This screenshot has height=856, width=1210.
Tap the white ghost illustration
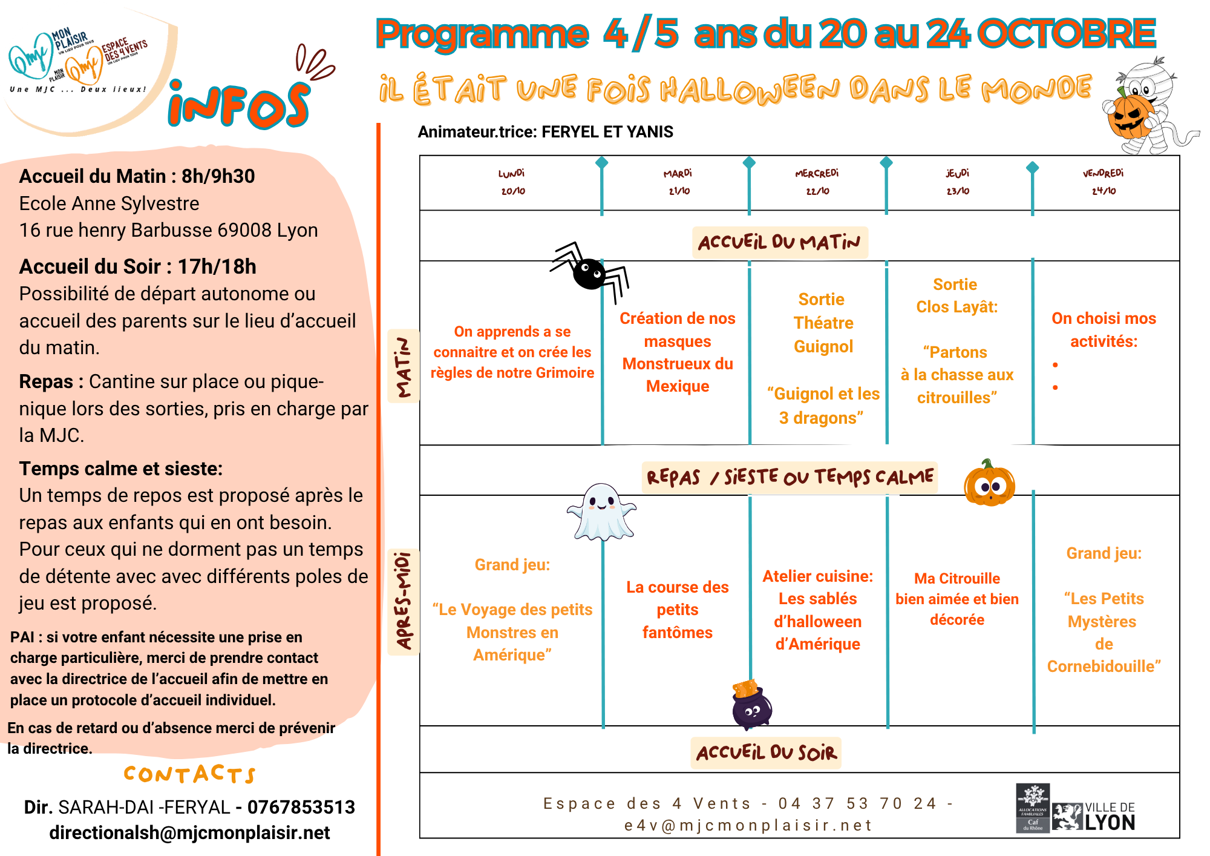point(601,512)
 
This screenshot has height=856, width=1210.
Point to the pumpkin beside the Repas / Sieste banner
point(989,484)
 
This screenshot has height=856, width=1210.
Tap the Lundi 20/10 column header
point(512,182)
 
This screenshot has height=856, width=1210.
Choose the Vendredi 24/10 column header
point(1104,182)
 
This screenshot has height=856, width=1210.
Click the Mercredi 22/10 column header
point(817,182)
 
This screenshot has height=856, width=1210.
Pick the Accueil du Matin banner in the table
point(779,243)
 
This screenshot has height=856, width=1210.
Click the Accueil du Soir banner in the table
point(766,753)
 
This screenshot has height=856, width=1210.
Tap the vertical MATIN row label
point(404,366)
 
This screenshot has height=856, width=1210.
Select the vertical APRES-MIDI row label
point(404,601)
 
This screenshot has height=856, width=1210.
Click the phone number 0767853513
point(301,807)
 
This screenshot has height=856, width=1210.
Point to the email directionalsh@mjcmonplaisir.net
point(189,833)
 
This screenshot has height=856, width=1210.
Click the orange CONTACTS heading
point(189,774)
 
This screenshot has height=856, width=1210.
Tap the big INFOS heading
point(239,105)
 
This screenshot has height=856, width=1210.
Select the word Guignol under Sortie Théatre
point(823,346)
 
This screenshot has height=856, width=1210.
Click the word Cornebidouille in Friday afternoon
point(1104,667)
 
